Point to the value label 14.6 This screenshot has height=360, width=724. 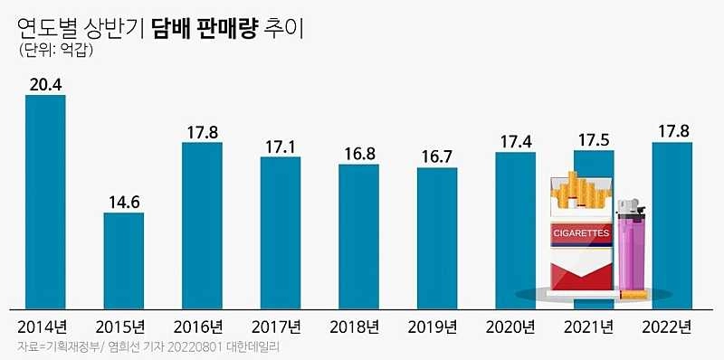click(123, 202)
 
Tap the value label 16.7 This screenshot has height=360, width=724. click(437, 156)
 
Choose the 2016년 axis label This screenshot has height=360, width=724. click(202, 326)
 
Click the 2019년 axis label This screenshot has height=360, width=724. click(437, 326)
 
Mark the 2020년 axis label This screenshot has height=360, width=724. click(515, 326)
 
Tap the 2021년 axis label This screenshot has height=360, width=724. click(594, 326)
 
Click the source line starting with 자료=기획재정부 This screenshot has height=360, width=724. click(137, 348)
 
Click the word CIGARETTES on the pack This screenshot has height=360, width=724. click(580, 233)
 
